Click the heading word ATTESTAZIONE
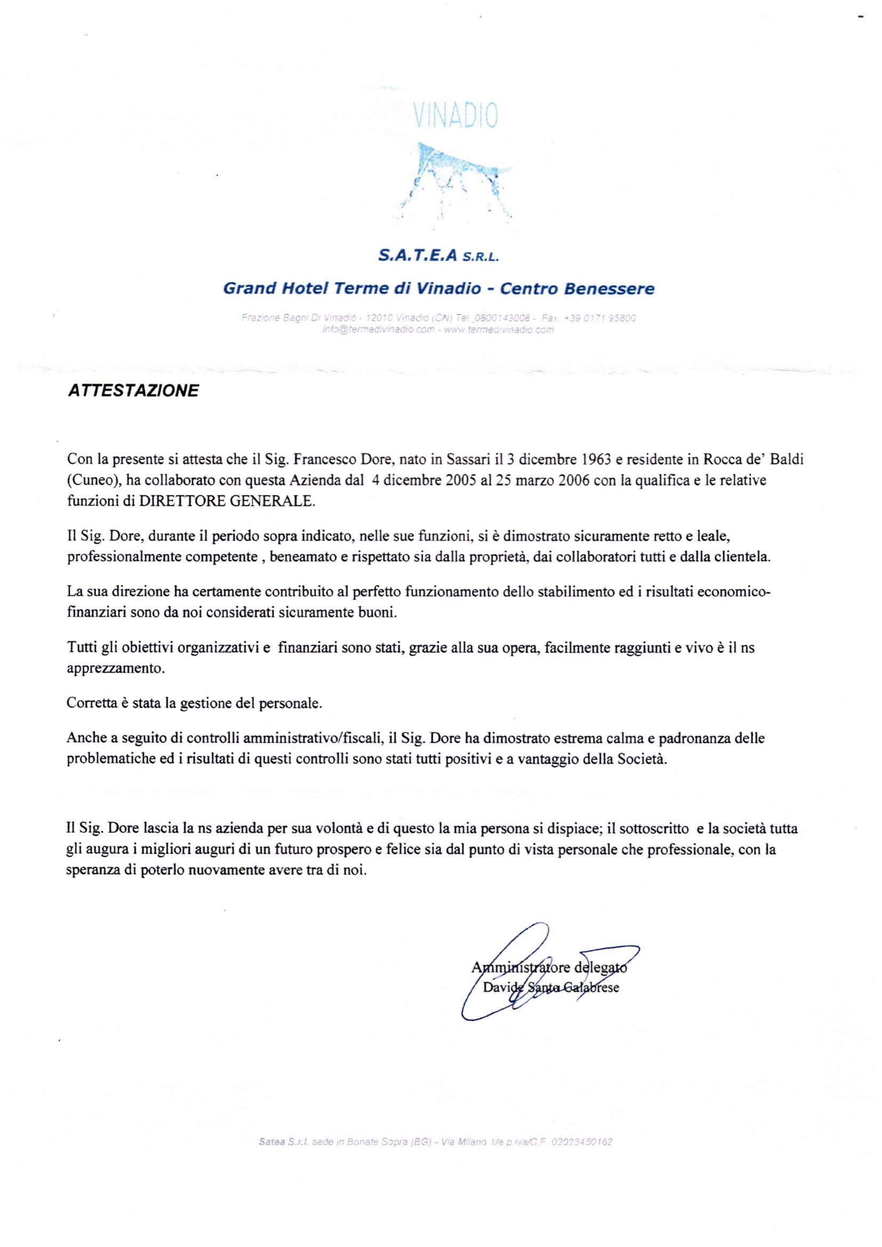133,391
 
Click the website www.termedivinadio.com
499,330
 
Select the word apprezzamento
115,669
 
